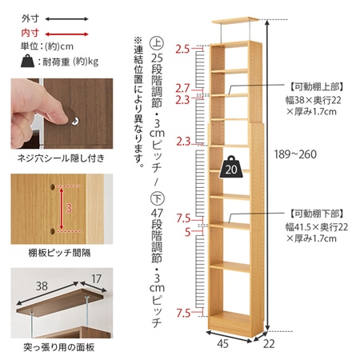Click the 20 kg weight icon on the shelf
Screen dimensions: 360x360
click(x=231, y=167)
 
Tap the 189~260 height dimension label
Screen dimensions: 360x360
click(x=295, y=154)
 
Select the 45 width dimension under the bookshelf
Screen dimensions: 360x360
click(x=222, y=344)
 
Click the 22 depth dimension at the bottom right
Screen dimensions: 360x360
click(x=269, y=344)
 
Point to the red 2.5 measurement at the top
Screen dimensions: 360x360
click(x=182, y=50)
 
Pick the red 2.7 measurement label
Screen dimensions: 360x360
click(x=182, y=88)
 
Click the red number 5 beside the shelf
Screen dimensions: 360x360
click(x=188, y=232)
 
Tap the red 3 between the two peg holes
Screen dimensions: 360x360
click(x=69, y=208)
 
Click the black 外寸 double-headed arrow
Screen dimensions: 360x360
click(x=66, y=19)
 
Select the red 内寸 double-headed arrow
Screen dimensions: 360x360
click(x=66, y=34)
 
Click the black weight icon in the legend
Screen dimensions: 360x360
click(x=28, y=61)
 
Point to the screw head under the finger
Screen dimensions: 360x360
click(x=75, y=121)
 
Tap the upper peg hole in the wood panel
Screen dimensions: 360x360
click(x=53, y=186)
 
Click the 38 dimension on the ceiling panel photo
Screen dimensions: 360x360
click(x=42, y=286)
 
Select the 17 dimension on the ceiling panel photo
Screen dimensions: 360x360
click(x=96, y=279)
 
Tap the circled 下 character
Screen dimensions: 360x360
click(x=157, y=198)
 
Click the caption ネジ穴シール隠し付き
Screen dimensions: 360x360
click(x=61, y=158)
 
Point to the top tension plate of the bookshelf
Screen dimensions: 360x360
click(x=235, y=21)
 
